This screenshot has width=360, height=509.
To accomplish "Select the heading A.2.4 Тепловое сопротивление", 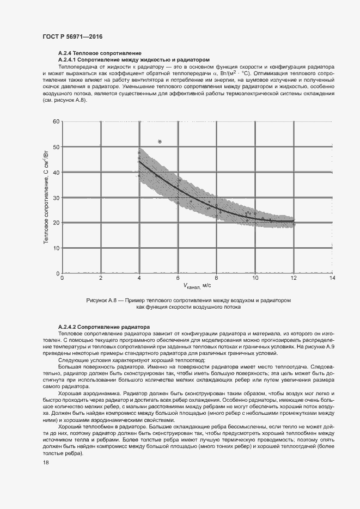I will click(90, 53).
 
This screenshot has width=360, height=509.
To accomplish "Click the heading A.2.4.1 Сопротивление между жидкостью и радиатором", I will click(133, 59).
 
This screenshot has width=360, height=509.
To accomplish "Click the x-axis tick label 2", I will click(100, 278).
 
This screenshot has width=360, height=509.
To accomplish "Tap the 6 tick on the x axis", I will click(178, 278).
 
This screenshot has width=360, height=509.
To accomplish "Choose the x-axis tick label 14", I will click(332, 278).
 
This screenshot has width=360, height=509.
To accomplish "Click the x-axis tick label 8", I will click(217, 278).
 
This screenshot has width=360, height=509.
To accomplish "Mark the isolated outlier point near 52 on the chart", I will click(160, 142).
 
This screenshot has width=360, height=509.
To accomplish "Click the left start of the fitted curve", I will click(139, 161).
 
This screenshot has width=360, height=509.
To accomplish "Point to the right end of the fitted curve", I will click(294, 221).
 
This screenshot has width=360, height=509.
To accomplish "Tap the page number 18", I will click(46, 462).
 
